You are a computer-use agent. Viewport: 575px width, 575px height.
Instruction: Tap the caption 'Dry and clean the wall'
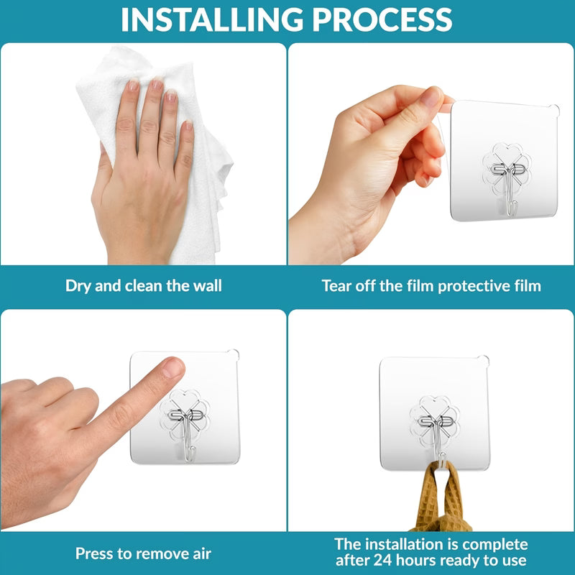(144, 285)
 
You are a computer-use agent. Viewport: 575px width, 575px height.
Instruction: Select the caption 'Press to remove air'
(143, 553)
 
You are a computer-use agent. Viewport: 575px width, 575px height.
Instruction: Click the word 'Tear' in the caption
(338, 285)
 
